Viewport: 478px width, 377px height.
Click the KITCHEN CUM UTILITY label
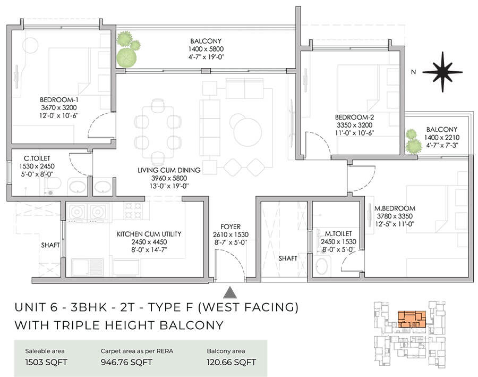click(x=149, y=233)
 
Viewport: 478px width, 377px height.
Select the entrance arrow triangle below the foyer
click(x=230, y=292)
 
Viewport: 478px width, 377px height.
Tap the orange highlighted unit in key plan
click(x=409, y=318)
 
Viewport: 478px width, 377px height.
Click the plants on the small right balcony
click(x=412, y=141)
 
